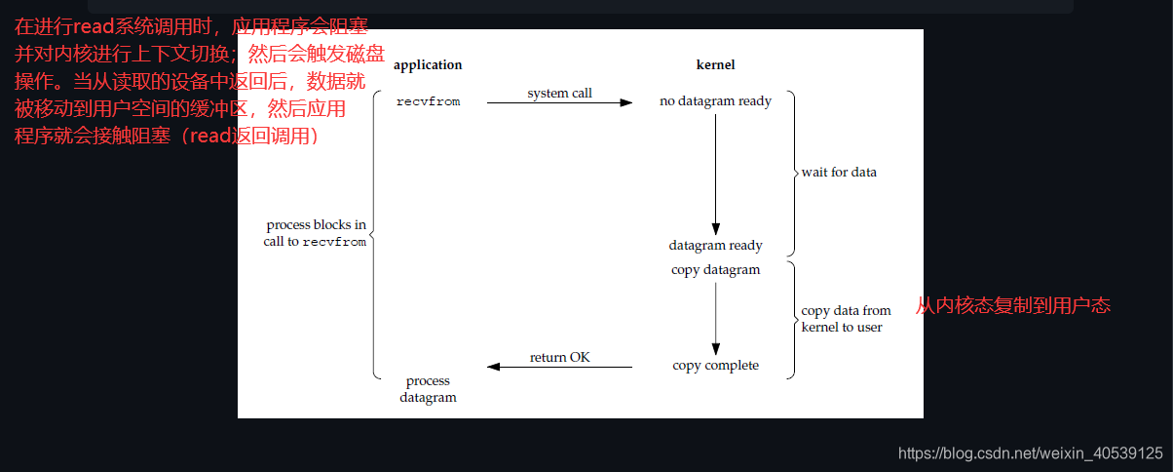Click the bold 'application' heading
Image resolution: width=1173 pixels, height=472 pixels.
[427, 65]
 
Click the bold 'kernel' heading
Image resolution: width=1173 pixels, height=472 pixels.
[715, 65]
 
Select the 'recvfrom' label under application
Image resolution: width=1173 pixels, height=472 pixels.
[428, 101]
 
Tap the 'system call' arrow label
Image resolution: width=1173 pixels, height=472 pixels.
[559, 94]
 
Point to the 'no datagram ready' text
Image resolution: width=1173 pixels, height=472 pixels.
[715, 101]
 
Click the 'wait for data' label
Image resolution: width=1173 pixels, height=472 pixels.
[839, 173]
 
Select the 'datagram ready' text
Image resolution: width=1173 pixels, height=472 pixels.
[715, 246]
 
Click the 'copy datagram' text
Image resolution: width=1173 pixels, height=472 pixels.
[715, 270]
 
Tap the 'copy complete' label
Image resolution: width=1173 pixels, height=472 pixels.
[715, 366]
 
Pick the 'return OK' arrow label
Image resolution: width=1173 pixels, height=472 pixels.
[559, 358]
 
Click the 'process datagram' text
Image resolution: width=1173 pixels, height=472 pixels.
[428, 389]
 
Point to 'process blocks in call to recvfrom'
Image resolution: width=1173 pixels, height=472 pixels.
[316, 233]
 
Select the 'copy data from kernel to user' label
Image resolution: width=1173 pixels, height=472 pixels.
[845, 319]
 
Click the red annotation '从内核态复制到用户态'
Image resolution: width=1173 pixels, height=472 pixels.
[1012, 306]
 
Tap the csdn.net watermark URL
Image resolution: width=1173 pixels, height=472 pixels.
[1030, 453]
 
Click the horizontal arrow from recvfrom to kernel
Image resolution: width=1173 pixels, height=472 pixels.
[559, 102]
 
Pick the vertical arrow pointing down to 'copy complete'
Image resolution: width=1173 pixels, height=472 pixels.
[715, 318]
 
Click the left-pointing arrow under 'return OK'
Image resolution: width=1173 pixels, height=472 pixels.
[559, 367]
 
